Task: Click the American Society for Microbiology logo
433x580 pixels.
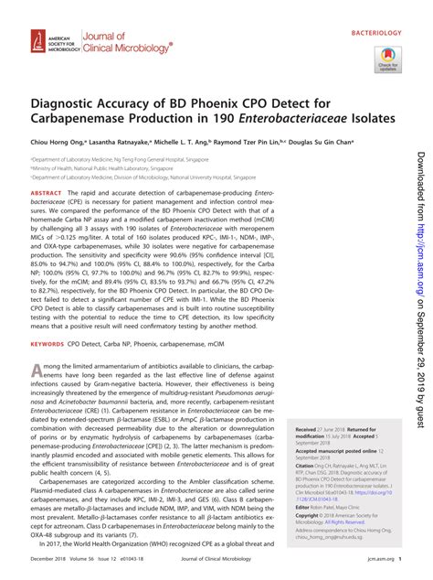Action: click(x=41, y=43)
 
